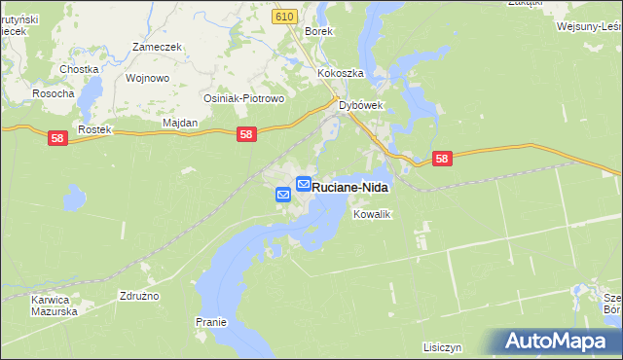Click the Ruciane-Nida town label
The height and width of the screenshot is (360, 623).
point(350,185)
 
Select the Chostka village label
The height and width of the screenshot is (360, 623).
point(79,69)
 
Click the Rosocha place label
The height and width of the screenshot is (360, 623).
point(53,93)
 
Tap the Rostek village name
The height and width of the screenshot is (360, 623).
point(96,129)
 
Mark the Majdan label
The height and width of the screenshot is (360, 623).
point(179,123)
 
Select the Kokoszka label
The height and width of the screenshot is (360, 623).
point(340,73)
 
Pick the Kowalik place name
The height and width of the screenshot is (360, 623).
point(372,214)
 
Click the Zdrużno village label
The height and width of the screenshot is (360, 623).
point(138,295)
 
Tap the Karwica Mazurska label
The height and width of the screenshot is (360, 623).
point(54,306)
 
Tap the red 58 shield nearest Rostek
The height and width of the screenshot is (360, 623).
point(56,139)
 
